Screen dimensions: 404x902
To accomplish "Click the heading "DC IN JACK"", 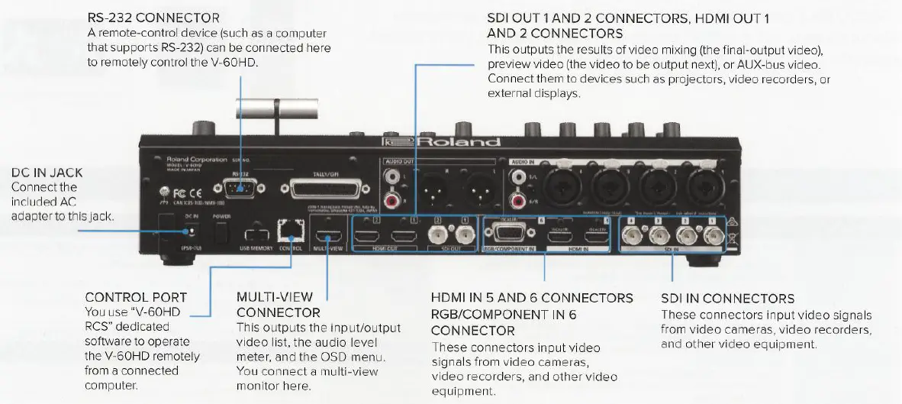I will [47, 173].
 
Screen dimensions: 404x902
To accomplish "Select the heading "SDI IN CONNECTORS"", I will [727, 299].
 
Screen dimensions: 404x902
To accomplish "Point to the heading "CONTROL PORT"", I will [136, 297].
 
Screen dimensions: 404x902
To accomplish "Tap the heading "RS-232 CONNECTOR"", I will [153, 18].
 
